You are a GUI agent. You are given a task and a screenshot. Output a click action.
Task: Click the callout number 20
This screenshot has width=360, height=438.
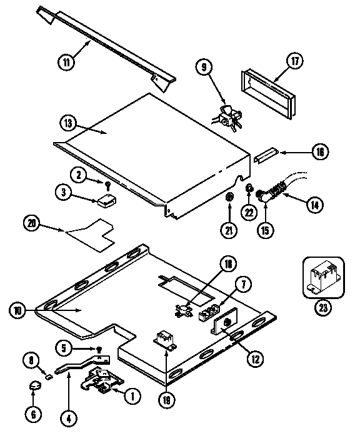coord(32,223)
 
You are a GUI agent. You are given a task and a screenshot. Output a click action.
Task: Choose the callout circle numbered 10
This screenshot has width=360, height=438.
coord(17,309)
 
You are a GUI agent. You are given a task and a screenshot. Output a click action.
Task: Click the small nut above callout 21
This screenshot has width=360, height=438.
coord(229,198)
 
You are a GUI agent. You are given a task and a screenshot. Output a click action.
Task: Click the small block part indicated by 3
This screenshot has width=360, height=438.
coord(104,201)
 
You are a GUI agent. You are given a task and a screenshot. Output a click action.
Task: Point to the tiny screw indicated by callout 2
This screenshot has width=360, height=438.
coord(108,185)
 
